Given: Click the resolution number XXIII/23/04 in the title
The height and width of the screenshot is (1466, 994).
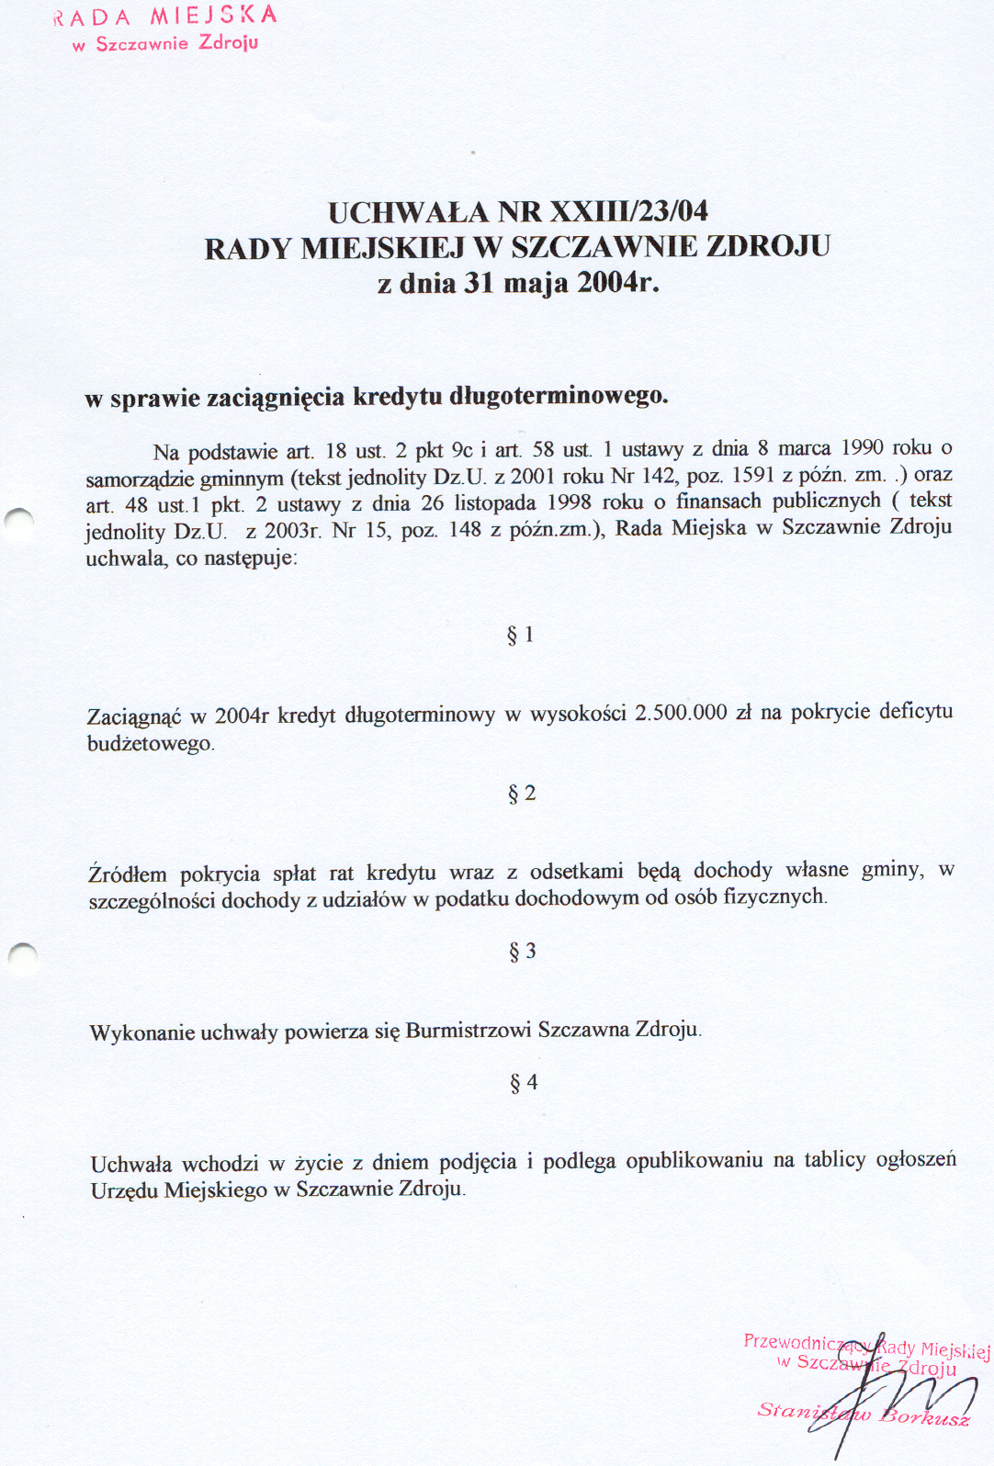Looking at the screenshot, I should tap(629, 211).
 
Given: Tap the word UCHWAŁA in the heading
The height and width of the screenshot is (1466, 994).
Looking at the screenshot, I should tap(409, 212).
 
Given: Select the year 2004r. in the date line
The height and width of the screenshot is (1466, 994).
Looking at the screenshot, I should tap(618, 282).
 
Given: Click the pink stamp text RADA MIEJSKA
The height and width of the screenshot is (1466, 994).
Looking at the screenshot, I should tap(165, 17).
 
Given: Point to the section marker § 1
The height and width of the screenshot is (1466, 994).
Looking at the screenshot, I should tap(521, 635).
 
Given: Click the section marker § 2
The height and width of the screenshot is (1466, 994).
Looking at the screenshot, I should tap(522, 794).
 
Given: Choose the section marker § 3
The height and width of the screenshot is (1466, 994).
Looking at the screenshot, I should tap(523, 952).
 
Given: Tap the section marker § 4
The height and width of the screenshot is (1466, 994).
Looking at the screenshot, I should tap(524, 1083).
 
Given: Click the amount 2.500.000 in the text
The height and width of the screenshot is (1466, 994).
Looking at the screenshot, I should tap(681, 713).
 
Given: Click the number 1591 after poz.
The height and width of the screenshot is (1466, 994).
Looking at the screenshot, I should tap(752, 475).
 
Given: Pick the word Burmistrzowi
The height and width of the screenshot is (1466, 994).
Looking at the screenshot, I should tap(469, 1030).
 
